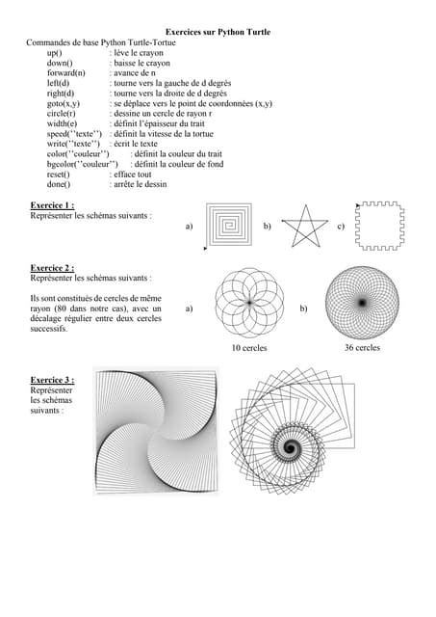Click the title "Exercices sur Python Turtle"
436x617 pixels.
218,33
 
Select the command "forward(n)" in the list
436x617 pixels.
65,72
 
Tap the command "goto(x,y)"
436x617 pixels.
64,102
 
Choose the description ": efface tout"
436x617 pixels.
139,174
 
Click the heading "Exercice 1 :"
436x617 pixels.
52,205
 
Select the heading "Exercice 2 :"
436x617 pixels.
52,267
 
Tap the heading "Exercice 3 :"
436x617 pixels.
52,380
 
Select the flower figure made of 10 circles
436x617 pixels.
249,303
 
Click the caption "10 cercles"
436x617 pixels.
249,348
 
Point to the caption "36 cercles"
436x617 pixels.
362,347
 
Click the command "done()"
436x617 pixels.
63,184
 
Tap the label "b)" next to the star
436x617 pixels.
267,227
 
